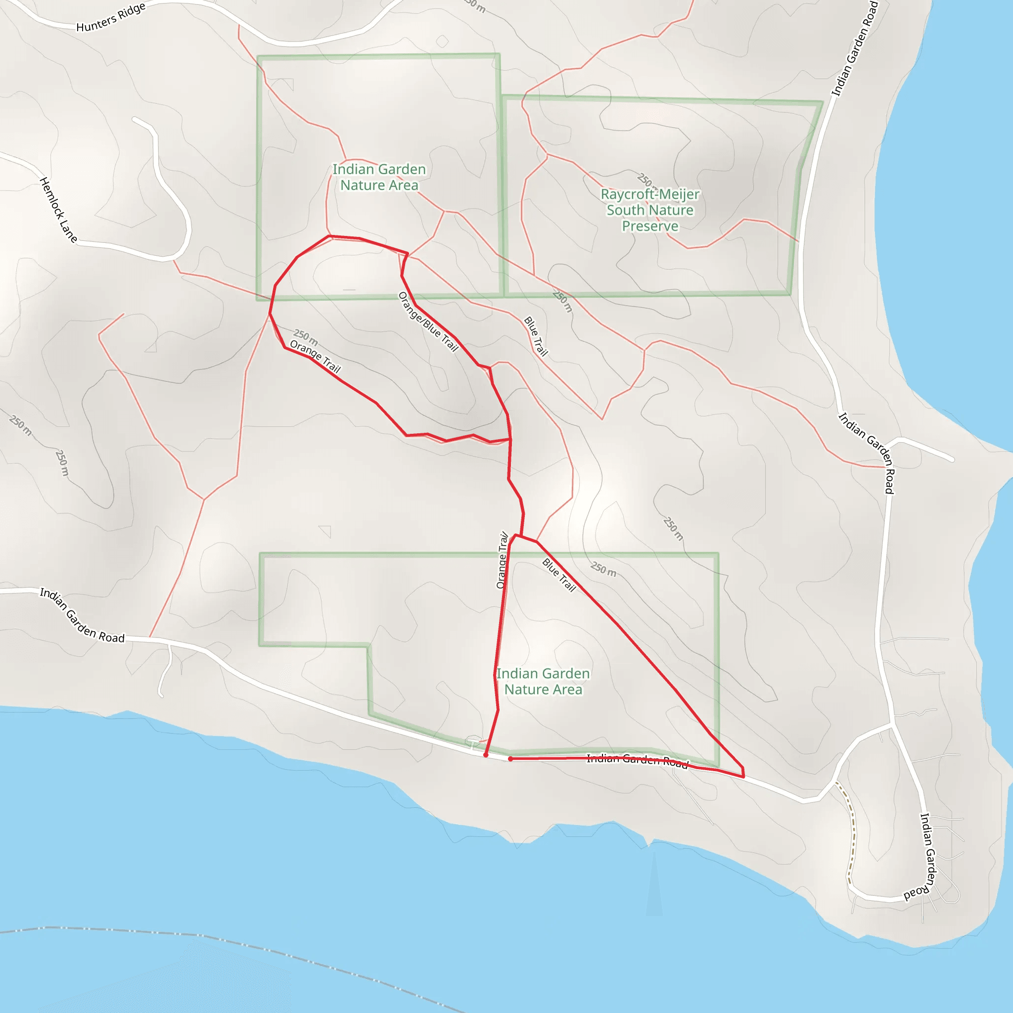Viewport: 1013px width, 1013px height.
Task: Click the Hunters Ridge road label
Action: (111, 17)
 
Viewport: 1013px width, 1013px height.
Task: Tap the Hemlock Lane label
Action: (58, 210)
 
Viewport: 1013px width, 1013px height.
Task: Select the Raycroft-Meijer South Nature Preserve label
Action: (649, 210)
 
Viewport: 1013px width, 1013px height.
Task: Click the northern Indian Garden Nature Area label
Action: (379, 177)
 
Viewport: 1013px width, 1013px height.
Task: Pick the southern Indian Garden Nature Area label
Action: (543, 681)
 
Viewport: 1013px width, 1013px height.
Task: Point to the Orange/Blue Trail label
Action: (428, 322)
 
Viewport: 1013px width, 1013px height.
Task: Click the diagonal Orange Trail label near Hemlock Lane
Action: (315, 357)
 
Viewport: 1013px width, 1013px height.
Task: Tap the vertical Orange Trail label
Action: (503, 560)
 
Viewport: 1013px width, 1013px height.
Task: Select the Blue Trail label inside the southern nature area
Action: (559, 575)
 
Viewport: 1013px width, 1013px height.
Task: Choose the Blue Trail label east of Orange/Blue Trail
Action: (536, 336)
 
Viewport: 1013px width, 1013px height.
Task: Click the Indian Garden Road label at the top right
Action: (855, 48)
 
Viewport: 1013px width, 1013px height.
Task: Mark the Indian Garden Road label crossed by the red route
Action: (637, 760)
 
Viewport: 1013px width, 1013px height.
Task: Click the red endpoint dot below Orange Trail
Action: (486, 755)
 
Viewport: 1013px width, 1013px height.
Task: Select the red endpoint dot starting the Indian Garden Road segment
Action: (510, 759)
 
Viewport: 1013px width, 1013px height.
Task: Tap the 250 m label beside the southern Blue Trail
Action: (603, 569)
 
